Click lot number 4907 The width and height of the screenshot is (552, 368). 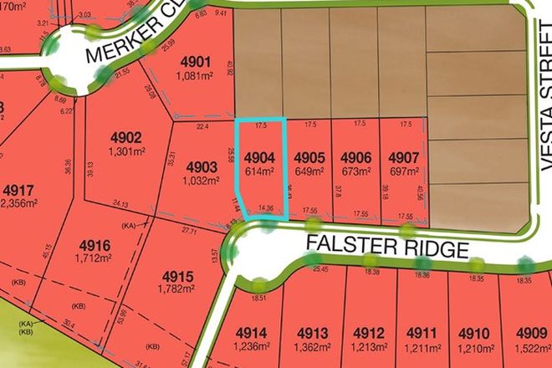point(404,156)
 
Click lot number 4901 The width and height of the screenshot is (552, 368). point(194,62)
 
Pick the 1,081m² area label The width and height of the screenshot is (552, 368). point(194,75)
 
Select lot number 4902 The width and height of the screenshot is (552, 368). point(126,138)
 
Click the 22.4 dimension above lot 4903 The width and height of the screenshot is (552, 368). point(202,127)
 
